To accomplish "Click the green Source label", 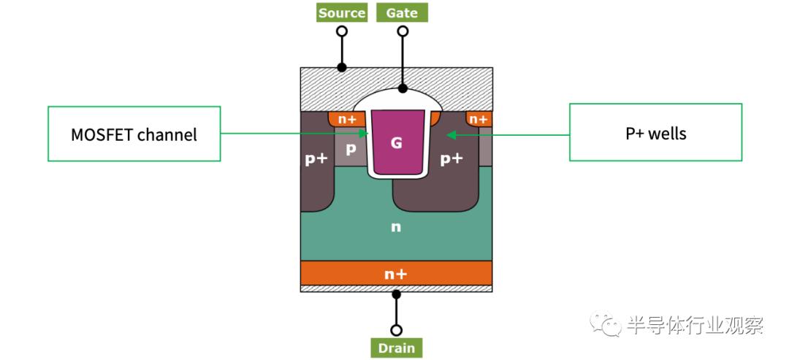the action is coord(342,12).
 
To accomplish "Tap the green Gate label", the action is coord(402,12).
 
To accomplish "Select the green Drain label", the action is coord(397,348).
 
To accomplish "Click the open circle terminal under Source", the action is coord(342,31).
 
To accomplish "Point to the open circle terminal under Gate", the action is coord(403,31).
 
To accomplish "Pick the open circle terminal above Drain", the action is coord(397,330).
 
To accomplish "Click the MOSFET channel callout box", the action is coord(134,134).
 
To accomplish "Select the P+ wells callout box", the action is coord(655,132).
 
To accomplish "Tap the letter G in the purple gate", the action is coord(397,143).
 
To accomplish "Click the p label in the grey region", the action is coord(351,149).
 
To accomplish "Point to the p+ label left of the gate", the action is coord(316,159).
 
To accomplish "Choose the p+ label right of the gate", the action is coord(451,159).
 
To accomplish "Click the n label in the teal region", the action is coord(396,227).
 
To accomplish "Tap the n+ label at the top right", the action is coord(478,119).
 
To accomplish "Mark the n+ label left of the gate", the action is coord(347,119).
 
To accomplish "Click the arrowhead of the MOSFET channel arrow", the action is coord(365,133).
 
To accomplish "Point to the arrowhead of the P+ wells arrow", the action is coord(451,135).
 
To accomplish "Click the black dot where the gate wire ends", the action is coord(403,88).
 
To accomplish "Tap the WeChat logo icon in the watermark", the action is coord(606,323).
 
